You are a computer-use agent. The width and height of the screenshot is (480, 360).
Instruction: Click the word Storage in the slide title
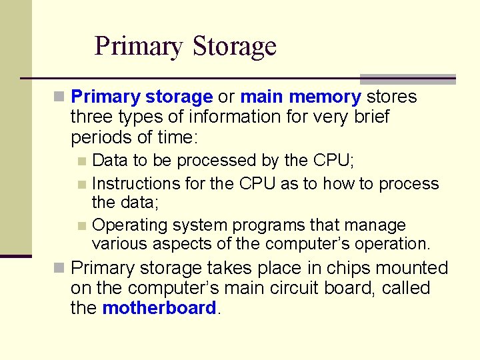234,46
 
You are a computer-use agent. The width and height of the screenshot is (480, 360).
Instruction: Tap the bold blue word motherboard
159,308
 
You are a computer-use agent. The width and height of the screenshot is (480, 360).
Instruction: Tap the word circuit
331,288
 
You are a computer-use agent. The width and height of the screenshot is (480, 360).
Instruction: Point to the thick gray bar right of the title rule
408,79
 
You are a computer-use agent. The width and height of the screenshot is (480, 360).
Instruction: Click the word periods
97,137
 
